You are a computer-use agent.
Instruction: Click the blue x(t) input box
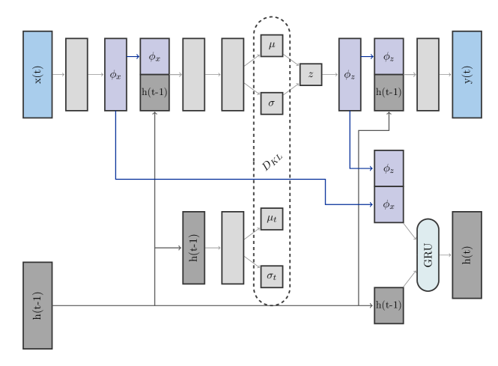[x=37, y=74]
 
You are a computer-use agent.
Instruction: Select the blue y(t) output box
[x=467, y=74]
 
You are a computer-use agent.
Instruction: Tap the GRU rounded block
[x=428, y=254]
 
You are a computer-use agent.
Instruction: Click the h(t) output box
[x=467, y=254]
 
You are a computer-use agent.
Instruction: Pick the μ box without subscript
[x=271, y=46]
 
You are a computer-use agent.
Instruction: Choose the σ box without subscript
[x=271, y=103]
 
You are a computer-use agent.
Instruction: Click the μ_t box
[x=271, y=219]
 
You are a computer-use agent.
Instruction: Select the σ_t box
[x=271, y=276]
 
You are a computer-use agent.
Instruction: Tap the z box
[x=311, y=74]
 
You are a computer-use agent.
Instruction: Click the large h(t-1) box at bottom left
[x=37, y=305]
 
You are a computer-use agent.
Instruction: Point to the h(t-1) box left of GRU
[x=389, y=305]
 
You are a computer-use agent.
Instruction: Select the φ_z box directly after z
[x=350, y=74]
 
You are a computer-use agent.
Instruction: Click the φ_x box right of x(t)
[x=115, y=74]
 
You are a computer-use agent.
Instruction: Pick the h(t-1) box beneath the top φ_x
[x=154, y=92]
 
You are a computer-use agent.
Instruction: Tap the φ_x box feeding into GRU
[x=389, y=204]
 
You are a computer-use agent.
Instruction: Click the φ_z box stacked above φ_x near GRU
[x=389, y=168]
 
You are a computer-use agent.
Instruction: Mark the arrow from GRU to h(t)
[x=445, y=254]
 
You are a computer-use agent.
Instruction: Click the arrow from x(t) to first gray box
[x=59, y=74]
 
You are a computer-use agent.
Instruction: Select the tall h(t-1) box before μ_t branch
[x=193, y=247]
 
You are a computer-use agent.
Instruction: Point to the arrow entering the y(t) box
[x=446, y=74]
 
